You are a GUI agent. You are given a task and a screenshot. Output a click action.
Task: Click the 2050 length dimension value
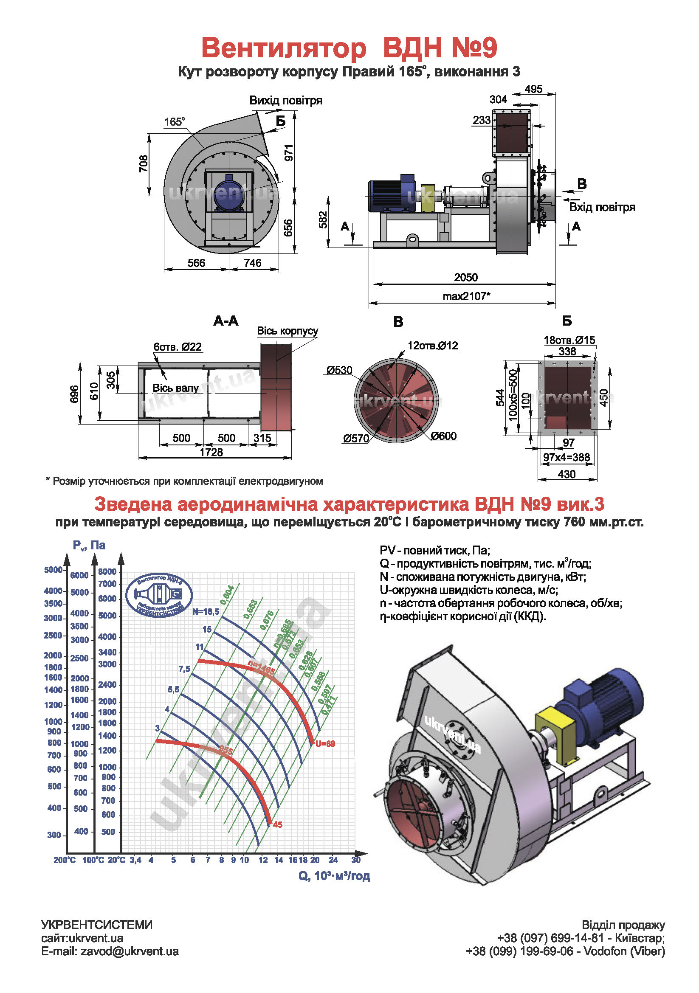pyautogui.click(x=465, y=277)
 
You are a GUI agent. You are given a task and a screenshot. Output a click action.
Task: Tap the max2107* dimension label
pyautogui.click(x=466, y=296)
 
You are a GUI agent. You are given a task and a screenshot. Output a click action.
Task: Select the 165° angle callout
pyautogui.click(x=174, y=122)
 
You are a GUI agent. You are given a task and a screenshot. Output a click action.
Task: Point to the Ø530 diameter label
pyautogui.click(x=340, y=370)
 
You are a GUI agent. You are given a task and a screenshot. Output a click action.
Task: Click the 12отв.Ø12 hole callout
pyautogui.click(x=433, y=346)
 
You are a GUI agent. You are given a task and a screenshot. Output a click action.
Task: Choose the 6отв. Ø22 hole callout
pyautogui.click(x=178, y=347)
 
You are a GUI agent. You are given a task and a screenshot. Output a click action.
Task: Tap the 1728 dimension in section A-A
pyautogui.click(x=211, y=452)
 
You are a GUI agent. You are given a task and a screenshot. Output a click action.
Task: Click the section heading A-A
pyautogui.click(x=226, y=321)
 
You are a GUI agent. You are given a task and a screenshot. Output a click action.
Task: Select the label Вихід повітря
pyautogui.click(x=285, y=101)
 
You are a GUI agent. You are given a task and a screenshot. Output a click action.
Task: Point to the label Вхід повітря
pyautogui.click(x=602, y=207)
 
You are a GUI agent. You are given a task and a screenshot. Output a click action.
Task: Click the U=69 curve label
pyautogui.click(x=325, y=744)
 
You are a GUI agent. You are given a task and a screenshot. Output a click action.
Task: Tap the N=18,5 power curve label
pyautogui.click(x=206, y=611)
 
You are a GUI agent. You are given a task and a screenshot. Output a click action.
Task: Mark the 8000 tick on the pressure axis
pyautogui.click(x=107, y=571)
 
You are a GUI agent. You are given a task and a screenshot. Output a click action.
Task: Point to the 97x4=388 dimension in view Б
pyautogui.click(x=566, y=457)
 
